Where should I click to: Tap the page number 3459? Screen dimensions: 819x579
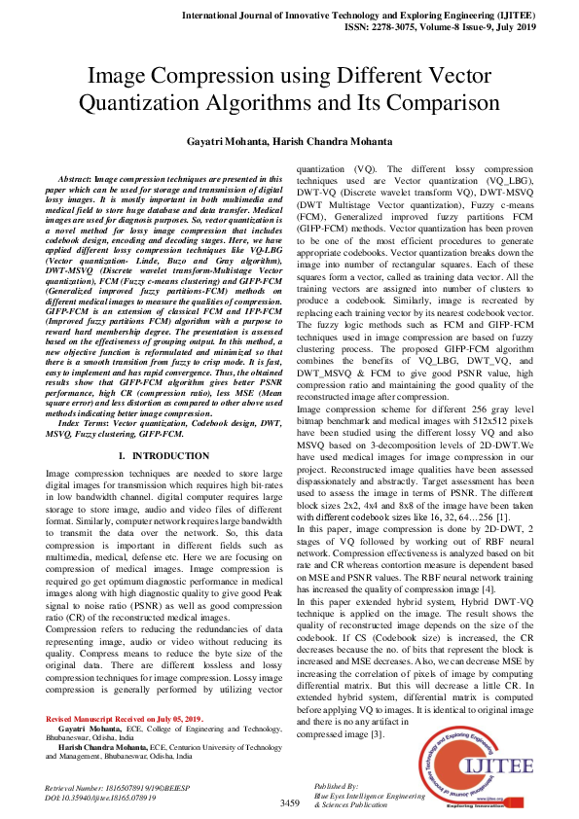coord(289,802)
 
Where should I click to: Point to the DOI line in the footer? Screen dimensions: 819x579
coord(106,796)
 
